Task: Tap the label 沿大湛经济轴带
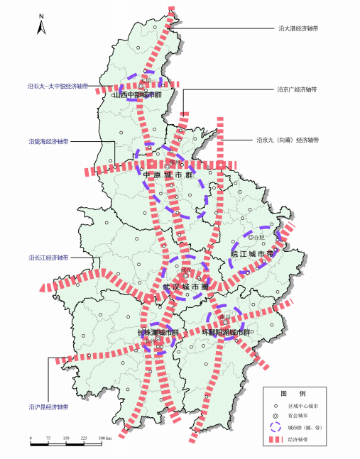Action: (298, 30)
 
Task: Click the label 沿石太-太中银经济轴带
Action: (58, 86)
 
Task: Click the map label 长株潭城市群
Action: (162, 332)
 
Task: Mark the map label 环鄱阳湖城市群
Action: (227, 332)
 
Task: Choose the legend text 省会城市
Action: (307, 416)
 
